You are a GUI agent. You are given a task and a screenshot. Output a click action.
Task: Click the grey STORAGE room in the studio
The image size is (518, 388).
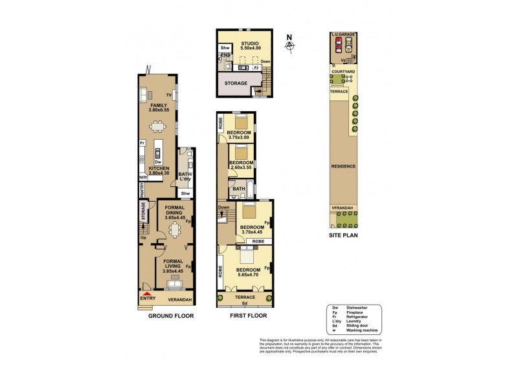point(236,83)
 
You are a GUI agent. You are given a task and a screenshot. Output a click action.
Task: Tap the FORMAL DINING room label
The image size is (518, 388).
point(174,213)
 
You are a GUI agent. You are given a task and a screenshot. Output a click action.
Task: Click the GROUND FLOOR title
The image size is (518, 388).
point(171,316)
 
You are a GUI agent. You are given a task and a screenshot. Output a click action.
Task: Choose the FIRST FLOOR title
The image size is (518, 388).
point(249,316)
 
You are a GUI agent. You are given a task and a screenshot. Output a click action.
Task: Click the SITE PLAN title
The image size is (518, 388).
point(343,235)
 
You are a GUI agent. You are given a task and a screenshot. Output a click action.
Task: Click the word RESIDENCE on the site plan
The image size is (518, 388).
point(343,166)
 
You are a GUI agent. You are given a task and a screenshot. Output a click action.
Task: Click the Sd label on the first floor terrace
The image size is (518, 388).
point(245,302)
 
